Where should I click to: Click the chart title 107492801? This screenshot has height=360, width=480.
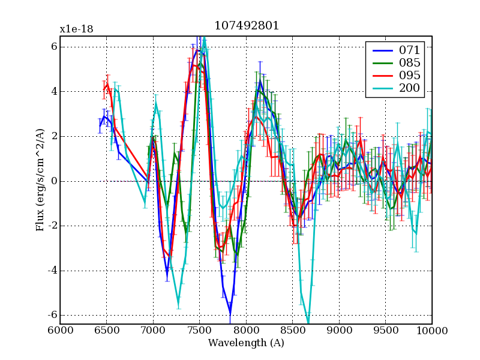[x=246, y=26]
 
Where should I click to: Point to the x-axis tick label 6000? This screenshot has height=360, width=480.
[x=59, y=331]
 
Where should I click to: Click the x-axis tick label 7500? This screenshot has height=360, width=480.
[x=199, y=331]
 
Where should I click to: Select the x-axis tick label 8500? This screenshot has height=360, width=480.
[x=292, y=331]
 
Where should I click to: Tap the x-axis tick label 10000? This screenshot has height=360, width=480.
[x=432, y=331]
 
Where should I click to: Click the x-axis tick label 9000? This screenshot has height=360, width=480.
[x=339, y=331]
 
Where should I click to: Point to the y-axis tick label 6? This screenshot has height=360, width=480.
[x=53, y=47]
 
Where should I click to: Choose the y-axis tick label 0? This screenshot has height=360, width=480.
[x=53, y=181]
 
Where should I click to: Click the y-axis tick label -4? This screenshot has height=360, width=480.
[x=51, y=271]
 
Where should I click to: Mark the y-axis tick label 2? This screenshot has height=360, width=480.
[x=53, y=136]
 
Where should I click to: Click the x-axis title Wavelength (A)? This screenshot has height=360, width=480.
[x=246, y=343]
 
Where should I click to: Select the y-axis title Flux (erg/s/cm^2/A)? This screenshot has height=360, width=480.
[x=41, y=181]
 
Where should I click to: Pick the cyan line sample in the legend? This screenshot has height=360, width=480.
[x=382, y=89]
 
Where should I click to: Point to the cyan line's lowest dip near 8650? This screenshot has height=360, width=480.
[x=308, y=323]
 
